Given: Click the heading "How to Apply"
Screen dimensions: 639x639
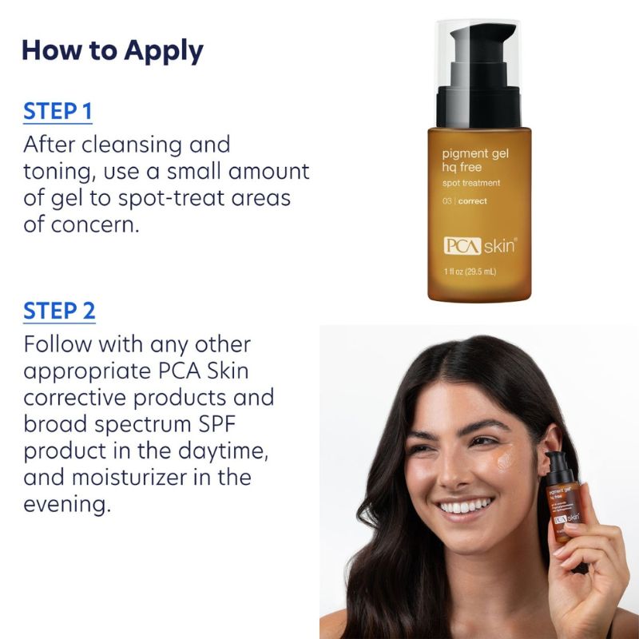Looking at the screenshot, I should coord(113,50).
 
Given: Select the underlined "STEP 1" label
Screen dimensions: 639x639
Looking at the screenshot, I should coord(58,111).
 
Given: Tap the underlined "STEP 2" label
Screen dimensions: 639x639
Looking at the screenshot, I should coord(59,311).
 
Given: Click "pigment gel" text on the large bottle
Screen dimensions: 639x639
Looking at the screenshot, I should coord(475,153).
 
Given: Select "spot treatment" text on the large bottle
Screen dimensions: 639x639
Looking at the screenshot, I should coord(471,183).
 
